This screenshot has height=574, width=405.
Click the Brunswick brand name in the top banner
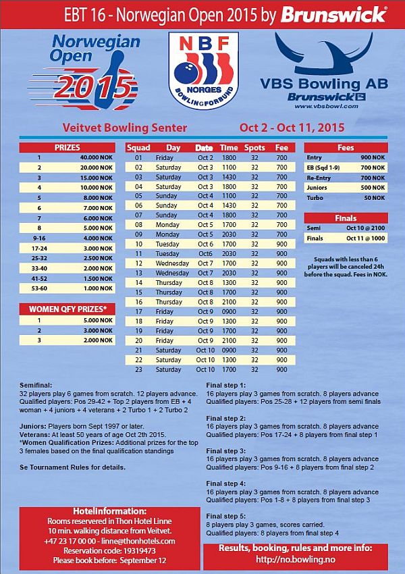pyautogui.click(x=343, y=13)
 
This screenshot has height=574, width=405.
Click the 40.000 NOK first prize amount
pyautogui.click(x=97, y=157)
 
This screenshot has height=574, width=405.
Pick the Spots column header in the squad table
pyautogui.click(x=254, y=147)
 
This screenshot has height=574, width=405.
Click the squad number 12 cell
pyautogui.click(x=139, y=263)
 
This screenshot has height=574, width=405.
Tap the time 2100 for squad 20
pyautogui.click(x=229, y=340)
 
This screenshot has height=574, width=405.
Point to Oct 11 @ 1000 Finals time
pyautogui.click(x=364, y=238)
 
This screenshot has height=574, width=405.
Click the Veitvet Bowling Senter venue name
pyautogui.click(x=124, y=126)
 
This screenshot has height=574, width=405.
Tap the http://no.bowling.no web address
pyautogui.click(x=302, y=560)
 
